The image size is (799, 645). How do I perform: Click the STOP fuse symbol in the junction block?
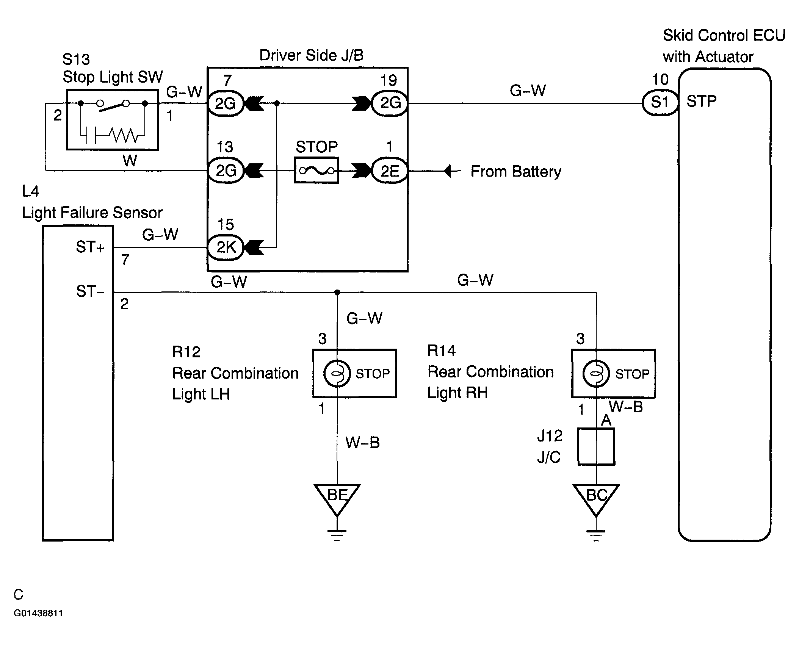(x=316, y=171)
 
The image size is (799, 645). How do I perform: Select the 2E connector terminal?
(x=390, y=171)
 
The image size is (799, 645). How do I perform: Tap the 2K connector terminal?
(x=226, y=247)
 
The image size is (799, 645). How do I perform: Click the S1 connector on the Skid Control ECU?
(x=660, y=102)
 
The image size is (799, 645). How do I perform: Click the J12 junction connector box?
(x=596, y=447)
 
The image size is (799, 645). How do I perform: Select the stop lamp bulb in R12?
(x=337, y=373)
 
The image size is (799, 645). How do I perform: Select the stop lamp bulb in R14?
(x=596, y=374)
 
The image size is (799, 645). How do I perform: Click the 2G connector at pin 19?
(x=390, y=103)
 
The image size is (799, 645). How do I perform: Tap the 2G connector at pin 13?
(x=226, y=171)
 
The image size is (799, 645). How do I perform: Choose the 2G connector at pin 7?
(x=226, y=103)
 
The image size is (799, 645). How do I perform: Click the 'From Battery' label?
(x=516, y=172)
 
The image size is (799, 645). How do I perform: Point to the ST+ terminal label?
(x=90, y=247)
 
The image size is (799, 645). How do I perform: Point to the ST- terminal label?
(x=90, y=291)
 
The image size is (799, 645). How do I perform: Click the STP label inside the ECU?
(x=702, y=102)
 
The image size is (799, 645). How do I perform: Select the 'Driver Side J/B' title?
(x=311, y=55)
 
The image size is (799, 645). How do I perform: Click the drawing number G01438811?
(x=38, y=613)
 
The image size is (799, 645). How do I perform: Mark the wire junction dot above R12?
(x=337, y=292)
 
